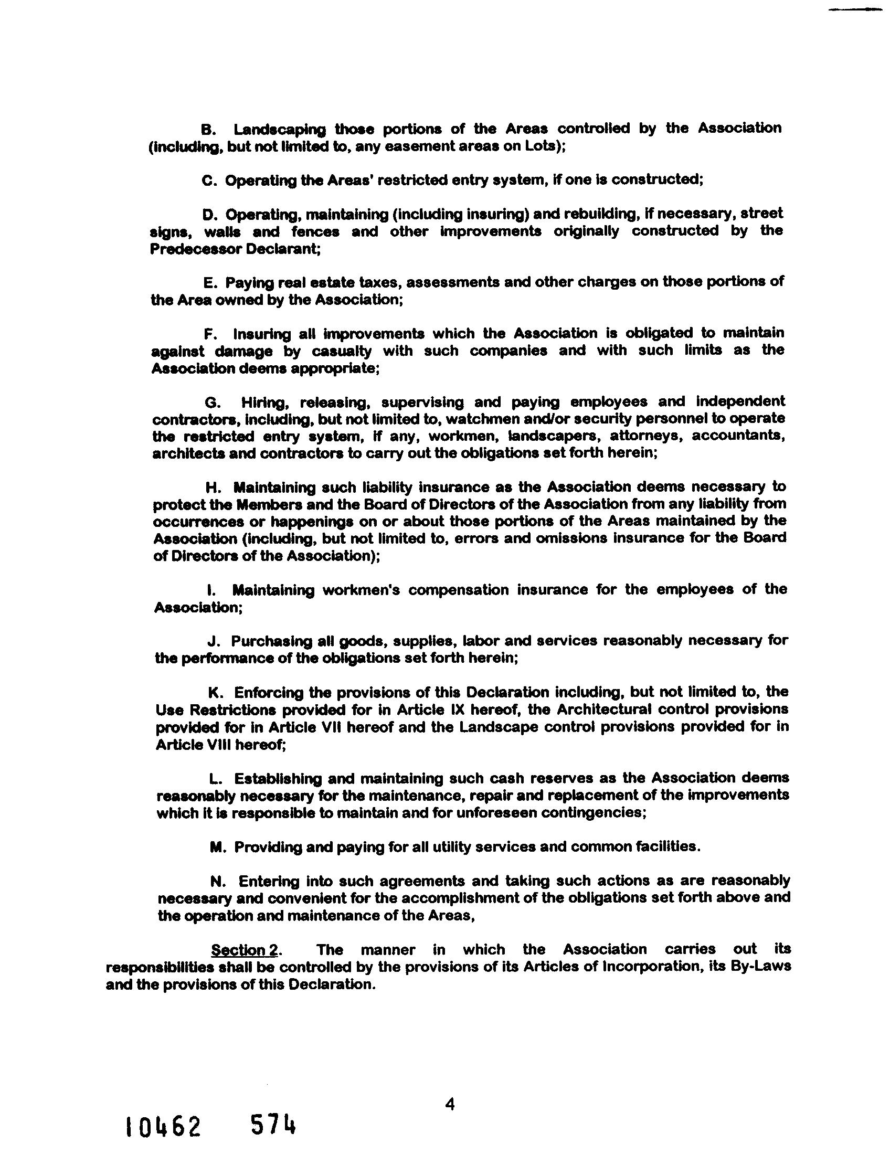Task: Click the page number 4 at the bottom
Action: point(450,1105)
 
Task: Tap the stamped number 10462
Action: point(162,1127)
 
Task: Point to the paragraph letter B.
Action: point(207,129)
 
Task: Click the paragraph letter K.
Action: point(215,693)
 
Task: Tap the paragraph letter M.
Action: point(216,846)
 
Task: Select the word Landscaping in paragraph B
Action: point(280,130)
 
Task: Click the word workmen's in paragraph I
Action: point(360,590)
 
